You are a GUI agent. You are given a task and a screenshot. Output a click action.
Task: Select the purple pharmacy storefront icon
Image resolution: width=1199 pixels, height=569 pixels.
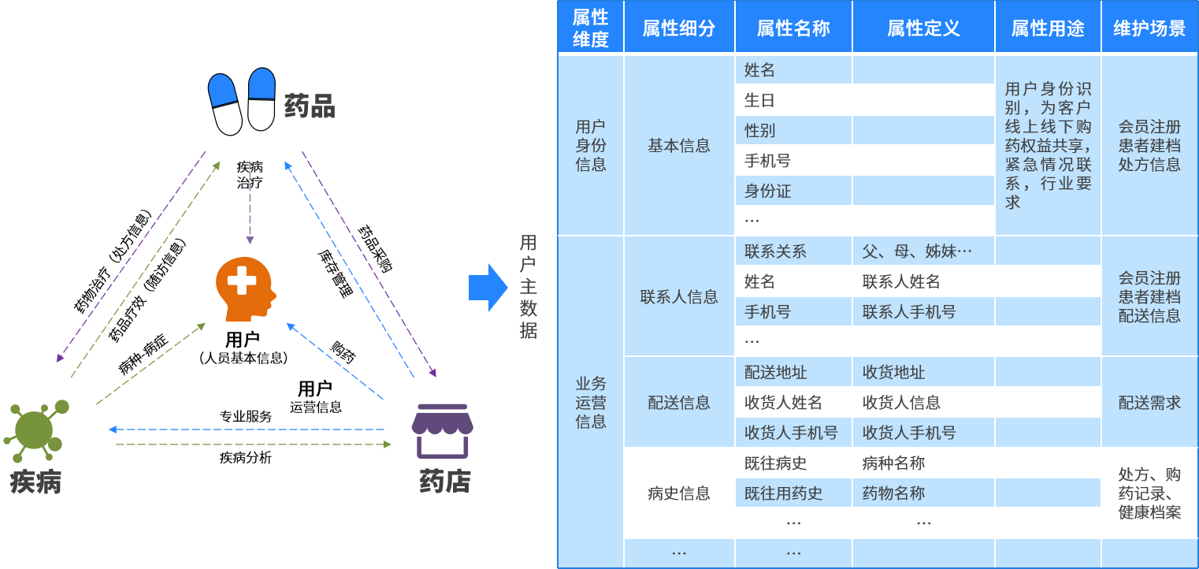[443, 431]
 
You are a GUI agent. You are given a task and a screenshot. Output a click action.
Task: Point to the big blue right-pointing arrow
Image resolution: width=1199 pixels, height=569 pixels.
[488, 288]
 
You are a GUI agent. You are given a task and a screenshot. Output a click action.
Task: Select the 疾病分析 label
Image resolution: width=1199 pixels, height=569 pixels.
[245, 457]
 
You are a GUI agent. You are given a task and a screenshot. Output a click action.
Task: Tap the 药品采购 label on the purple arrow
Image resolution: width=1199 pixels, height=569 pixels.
[375, 248]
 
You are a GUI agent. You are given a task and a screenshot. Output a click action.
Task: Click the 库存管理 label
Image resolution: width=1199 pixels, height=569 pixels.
[335, 273]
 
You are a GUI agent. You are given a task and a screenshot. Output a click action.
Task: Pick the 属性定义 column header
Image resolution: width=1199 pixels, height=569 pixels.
[923, 29]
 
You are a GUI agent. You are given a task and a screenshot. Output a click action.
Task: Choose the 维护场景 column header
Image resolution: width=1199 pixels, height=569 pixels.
[1149, 29]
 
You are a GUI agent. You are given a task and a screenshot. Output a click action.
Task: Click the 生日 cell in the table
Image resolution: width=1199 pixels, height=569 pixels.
[760, 100]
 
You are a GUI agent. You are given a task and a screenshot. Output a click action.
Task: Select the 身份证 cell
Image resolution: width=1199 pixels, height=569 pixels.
[767, 191]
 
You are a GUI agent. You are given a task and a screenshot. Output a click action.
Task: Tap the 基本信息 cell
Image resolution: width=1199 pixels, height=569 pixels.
[679, 146]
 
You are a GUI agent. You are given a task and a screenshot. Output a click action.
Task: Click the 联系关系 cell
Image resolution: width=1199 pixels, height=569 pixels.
[775, 251]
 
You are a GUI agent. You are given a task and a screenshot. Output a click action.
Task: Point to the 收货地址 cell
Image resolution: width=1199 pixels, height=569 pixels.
[893, 372]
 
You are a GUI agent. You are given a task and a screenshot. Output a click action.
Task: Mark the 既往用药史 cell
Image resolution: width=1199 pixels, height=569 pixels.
[783, 493]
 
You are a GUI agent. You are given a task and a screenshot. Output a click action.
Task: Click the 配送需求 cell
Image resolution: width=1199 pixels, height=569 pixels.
[1149, 403]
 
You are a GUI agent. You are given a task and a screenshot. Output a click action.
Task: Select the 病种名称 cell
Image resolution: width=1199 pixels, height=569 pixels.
[893, 463]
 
